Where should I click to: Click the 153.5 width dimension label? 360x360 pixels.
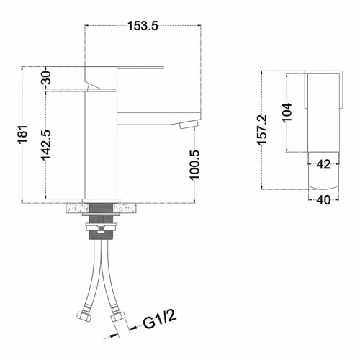point(143,26)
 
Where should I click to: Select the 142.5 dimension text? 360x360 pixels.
point(45,145)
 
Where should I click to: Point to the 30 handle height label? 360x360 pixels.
point(47,77)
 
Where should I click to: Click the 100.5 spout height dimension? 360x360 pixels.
point(194,165)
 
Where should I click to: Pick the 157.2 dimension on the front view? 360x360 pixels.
point(262,130)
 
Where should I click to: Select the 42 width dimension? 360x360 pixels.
point(323,164)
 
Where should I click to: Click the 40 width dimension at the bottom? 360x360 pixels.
point(323,200)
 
